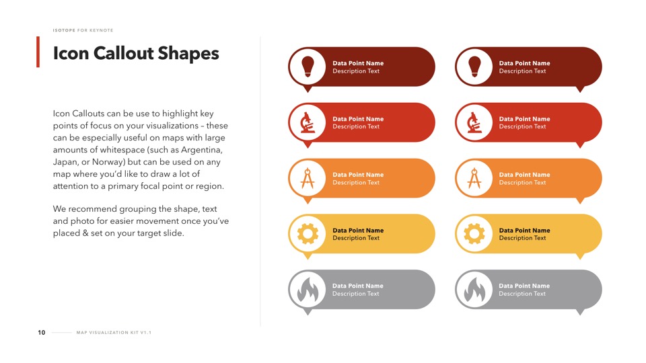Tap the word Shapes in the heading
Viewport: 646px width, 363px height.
(188, 54)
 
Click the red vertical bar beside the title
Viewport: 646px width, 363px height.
(38, 52)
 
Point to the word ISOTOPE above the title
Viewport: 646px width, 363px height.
(64, 30)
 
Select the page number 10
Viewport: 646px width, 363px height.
(42, 333)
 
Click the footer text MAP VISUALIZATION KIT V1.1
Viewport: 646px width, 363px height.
(114, 333)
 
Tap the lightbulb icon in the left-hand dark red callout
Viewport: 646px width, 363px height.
(308, 67)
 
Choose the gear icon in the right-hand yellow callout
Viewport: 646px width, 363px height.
(474, 234)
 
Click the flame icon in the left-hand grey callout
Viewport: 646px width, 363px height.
(308, 290)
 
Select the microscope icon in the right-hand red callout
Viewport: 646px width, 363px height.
(474, 122)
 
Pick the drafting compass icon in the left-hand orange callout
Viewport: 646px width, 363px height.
(308, 178)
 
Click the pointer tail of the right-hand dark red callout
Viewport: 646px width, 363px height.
(580, 89)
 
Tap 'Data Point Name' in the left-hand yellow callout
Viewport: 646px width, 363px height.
(358, 231)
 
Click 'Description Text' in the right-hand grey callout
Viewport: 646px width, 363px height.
(522, 294)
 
